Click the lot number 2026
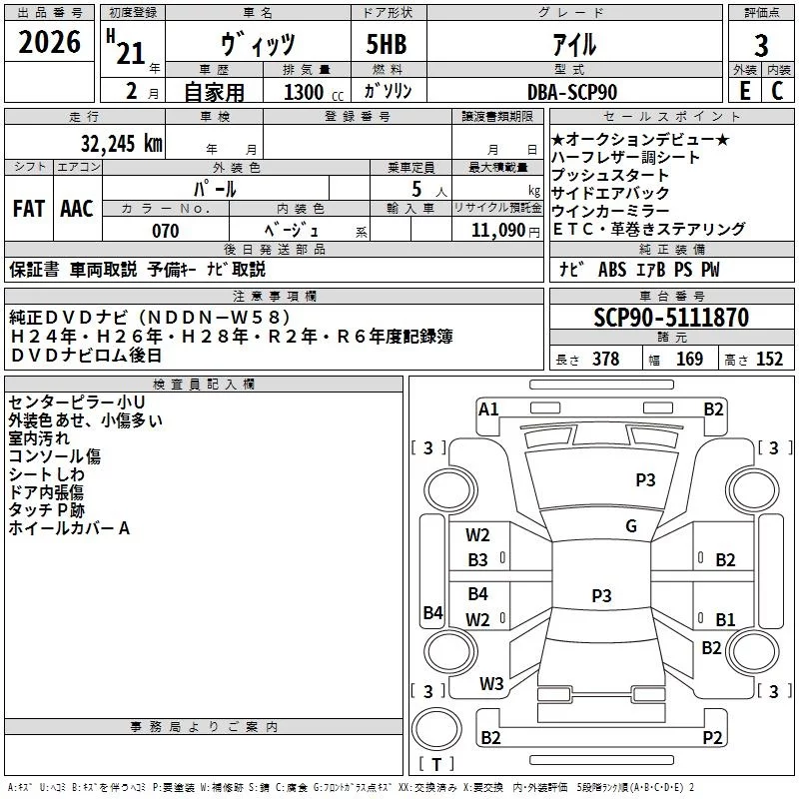[x=49, y=44]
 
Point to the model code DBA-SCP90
[x=571, y=92]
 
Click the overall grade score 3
[x=761, y=46]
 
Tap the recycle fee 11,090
[x=495, y=231]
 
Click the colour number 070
[x=165, y=231]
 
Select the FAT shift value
[x=29, y=209]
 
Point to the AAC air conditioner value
[x=77, y=209]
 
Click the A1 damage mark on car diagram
[x=488, y=408]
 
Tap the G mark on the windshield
[x=630, y=526]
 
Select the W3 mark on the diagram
[x=491, y=684]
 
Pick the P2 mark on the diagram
[x=712, y=738]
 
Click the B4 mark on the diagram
[x=432, y=612]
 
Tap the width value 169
[x=689, y=360]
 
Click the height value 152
[x=769, y=360]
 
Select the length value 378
[x=605, y=360]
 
